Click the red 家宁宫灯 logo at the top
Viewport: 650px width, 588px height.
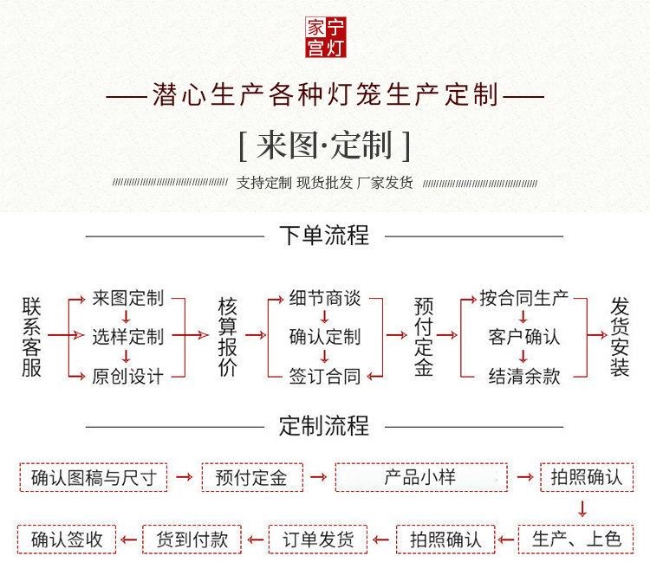click(325, 38)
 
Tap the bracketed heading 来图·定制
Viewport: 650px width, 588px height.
click(324, 145)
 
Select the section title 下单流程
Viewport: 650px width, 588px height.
click(324, 235)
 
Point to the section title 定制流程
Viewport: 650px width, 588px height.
click(324, 425)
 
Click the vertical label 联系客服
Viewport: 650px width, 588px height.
click(32, 336)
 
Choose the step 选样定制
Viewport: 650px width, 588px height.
click(128, 336)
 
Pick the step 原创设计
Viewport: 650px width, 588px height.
click(128, 376)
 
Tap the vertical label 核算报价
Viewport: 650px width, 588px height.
click(228, 336)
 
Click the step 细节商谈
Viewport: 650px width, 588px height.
click(325, 299)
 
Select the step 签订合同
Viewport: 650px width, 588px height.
click(325, 376)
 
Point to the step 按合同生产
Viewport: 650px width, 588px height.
click(524, 299)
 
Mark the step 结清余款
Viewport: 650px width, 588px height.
click(524, 376)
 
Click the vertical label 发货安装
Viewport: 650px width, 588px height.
click(620, 336)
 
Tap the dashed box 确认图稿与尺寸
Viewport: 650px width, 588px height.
click(94, 477)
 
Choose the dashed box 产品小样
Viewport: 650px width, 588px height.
click(420, 477)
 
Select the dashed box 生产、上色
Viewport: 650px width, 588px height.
click(576, 540)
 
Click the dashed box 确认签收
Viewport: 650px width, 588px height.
click(66, 540)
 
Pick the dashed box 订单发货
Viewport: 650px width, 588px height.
click(318, 540)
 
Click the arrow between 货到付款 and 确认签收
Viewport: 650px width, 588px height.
click(129, 540)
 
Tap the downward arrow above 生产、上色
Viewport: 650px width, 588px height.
click(582, 508)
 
